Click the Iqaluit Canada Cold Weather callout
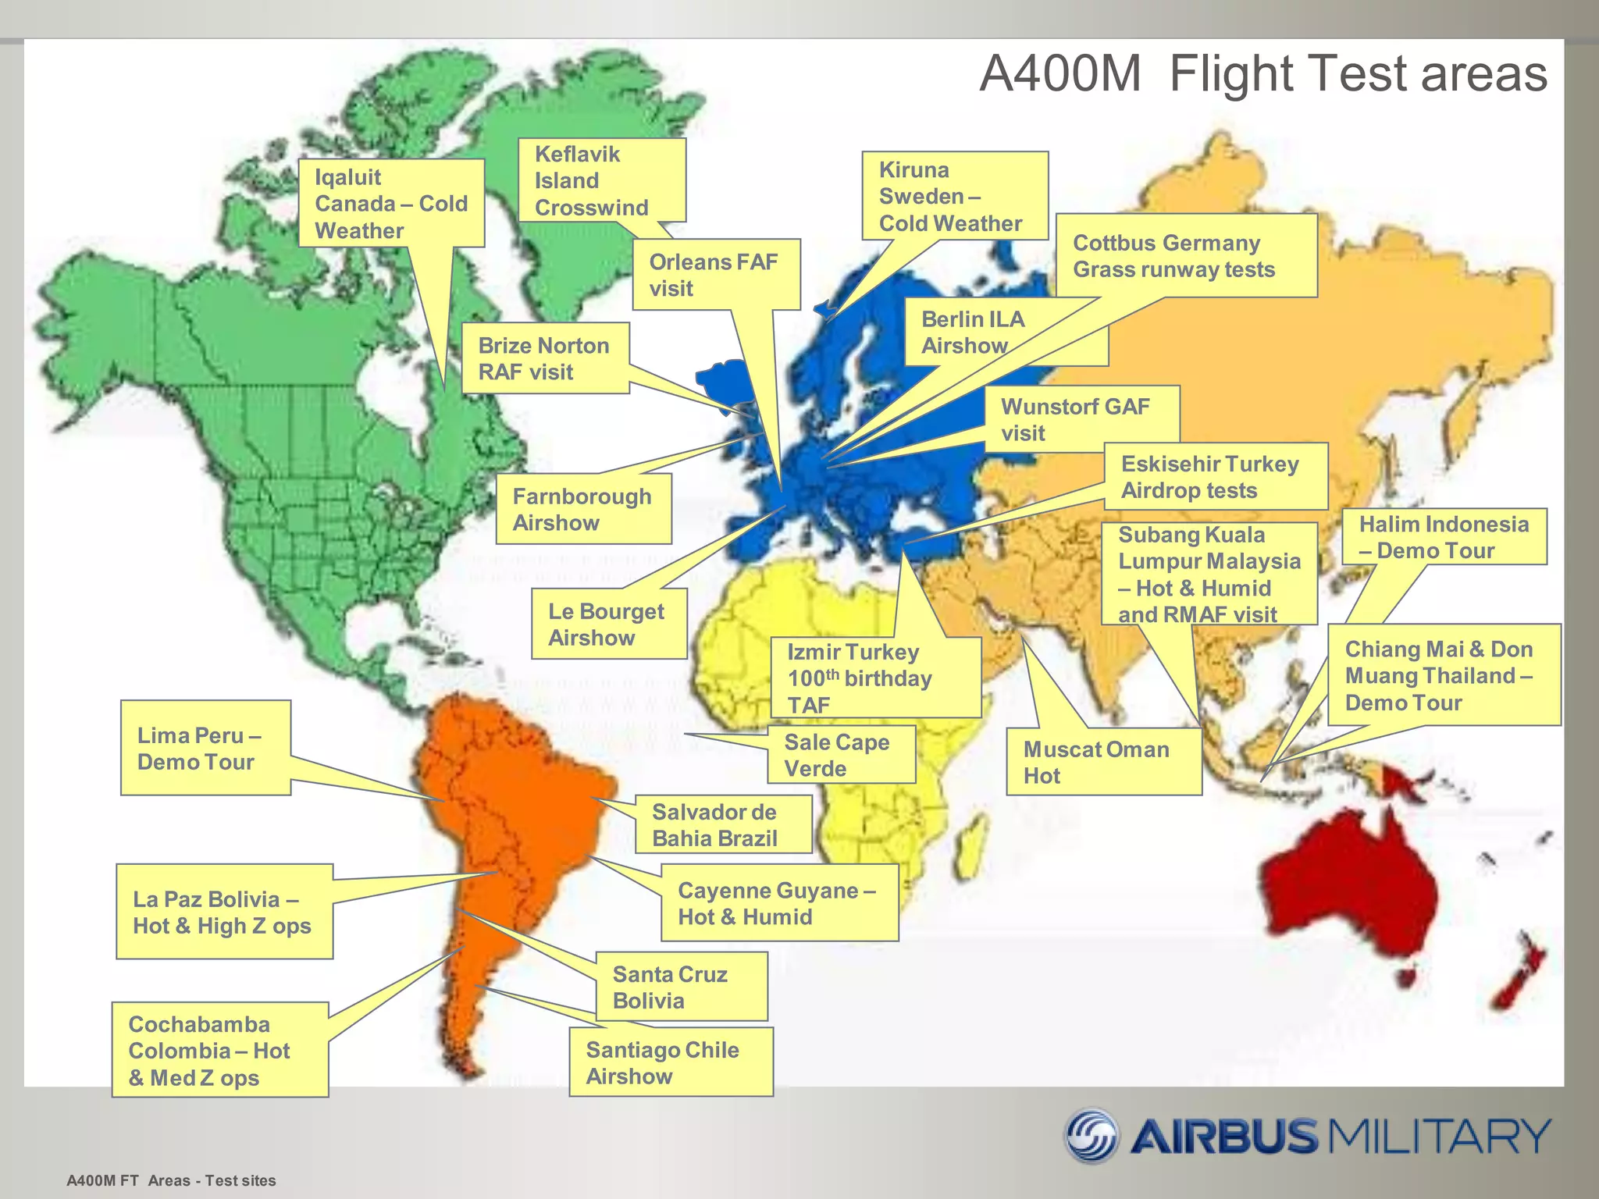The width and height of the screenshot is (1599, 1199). pyautogui.click(x=390, y=204)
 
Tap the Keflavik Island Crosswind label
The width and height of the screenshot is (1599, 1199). pyautogui.click(x=601, y=180)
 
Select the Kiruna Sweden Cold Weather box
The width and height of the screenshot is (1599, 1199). pyautogui.click(x=954, y=196)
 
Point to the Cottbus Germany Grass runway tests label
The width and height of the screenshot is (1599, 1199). pyautogui.click(x=1185, y=256)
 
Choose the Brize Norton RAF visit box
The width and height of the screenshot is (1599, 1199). pyautogui.click(x=544, y=358)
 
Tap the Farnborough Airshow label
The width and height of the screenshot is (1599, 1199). pyautogui.click(x=582, y=509)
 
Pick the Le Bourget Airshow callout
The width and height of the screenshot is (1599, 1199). pyautogui.click(x=608, y=624)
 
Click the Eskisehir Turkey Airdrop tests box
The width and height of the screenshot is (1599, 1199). pyautogui.click(x=1215, y=477)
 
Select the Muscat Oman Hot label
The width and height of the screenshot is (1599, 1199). pyautogui.click(x=1102, y=762)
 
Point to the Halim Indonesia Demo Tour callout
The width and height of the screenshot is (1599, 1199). pyautogui.click(x=1444, y=537)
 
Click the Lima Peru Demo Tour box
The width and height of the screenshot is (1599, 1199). pyautogui.click(x=205, y=748)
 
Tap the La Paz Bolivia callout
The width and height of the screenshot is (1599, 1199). pyautogui.click(x=224, y=912)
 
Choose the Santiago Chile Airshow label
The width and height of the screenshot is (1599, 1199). pyautogui.click(x=670, y=1062)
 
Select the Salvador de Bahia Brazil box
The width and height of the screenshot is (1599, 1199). pyautogui.click(x=721, y=824)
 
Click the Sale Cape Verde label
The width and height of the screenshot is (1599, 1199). pyautogui.click(x=840, y=755)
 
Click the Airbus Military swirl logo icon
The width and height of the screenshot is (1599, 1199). pyautogui.click(x=1092, y=1135)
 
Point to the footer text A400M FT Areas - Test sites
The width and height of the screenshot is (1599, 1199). pyautogui.click(x=171, y=1180)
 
